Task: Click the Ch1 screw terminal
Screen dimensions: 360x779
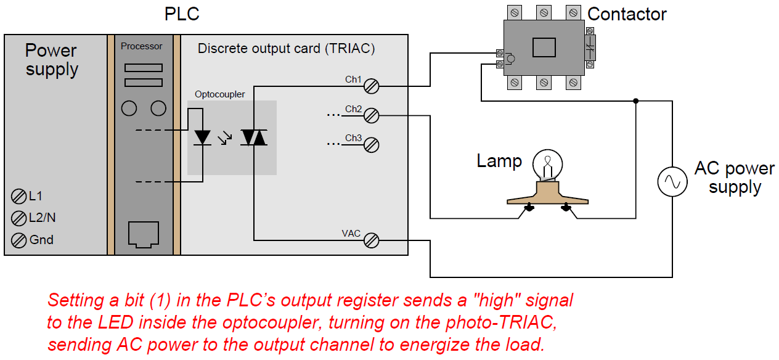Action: (x=371, y=86)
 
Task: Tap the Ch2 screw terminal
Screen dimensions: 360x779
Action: (x=371, y=115)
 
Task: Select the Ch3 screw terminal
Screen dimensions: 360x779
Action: (x=371, y=145)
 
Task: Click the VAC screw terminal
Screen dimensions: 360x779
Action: (x=371, y=240)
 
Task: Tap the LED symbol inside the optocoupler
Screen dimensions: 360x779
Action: (x=202, y=137)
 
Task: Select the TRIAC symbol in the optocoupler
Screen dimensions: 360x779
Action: (x=253, y=137)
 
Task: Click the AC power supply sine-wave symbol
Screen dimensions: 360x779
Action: (x=672, y=182)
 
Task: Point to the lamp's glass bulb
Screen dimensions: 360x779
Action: (x=547, y=163)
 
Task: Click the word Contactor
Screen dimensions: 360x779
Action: (x=627, y=14)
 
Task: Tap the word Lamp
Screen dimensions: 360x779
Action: (x=499, y=162)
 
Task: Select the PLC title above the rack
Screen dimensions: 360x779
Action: (x=182, y=14)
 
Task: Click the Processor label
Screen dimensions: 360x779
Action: (x=142, y=46)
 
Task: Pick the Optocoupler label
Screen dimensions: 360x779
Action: (x=219, y=94)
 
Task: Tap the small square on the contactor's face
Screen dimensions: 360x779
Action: (x=544, y=47)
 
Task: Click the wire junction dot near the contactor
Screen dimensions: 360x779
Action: (x=635, y=101)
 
